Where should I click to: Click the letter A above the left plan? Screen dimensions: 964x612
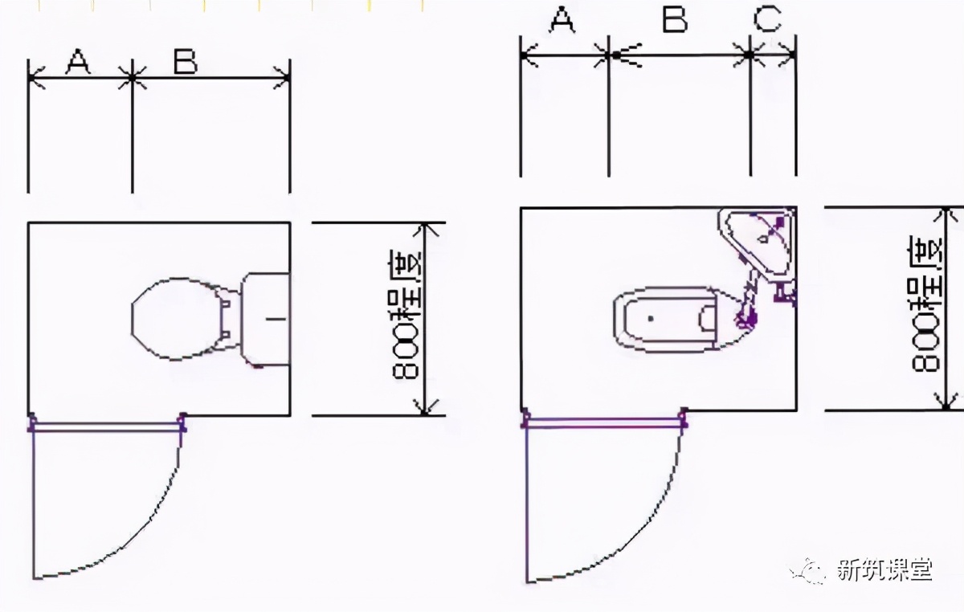point(79,62)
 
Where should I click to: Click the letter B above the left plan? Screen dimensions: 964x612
point(186,61)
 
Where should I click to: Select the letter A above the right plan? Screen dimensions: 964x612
point(562,20)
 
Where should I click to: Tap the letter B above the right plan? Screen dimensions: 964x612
point(675,20)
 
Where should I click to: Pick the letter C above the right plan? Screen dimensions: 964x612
point(768,19)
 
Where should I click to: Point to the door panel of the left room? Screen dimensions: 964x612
point(107,427)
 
